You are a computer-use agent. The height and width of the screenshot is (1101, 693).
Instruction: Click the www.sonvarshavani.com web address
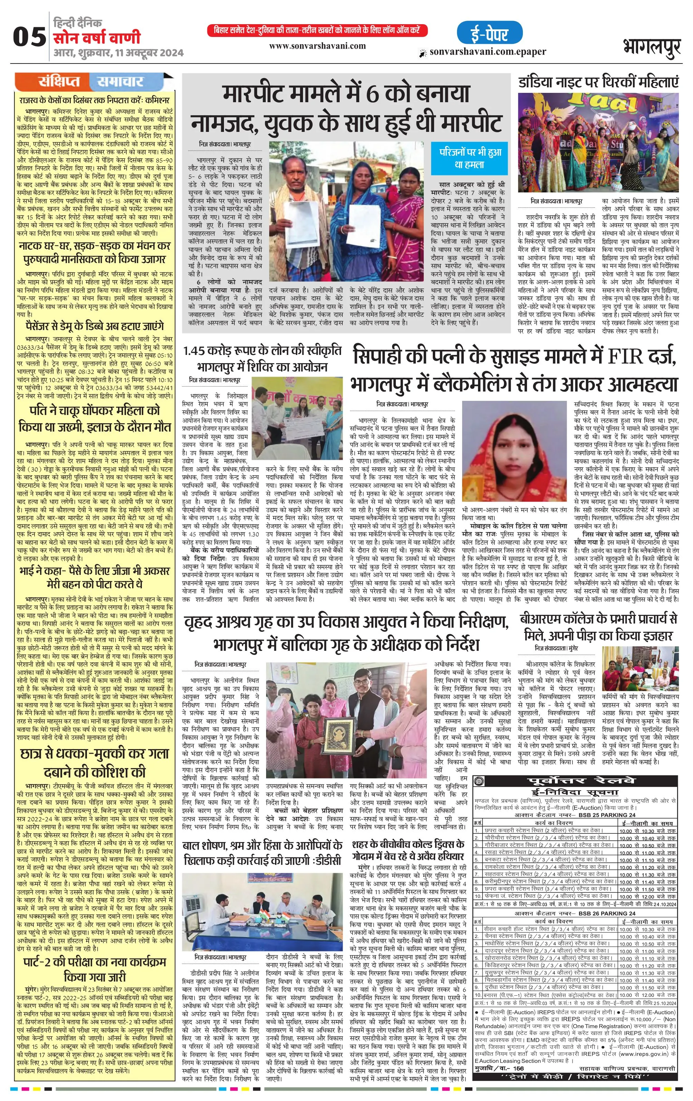pos(317,46)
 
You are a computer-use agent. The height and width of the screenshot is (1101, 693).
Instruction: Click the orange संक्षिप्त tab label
pos(59,82)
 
